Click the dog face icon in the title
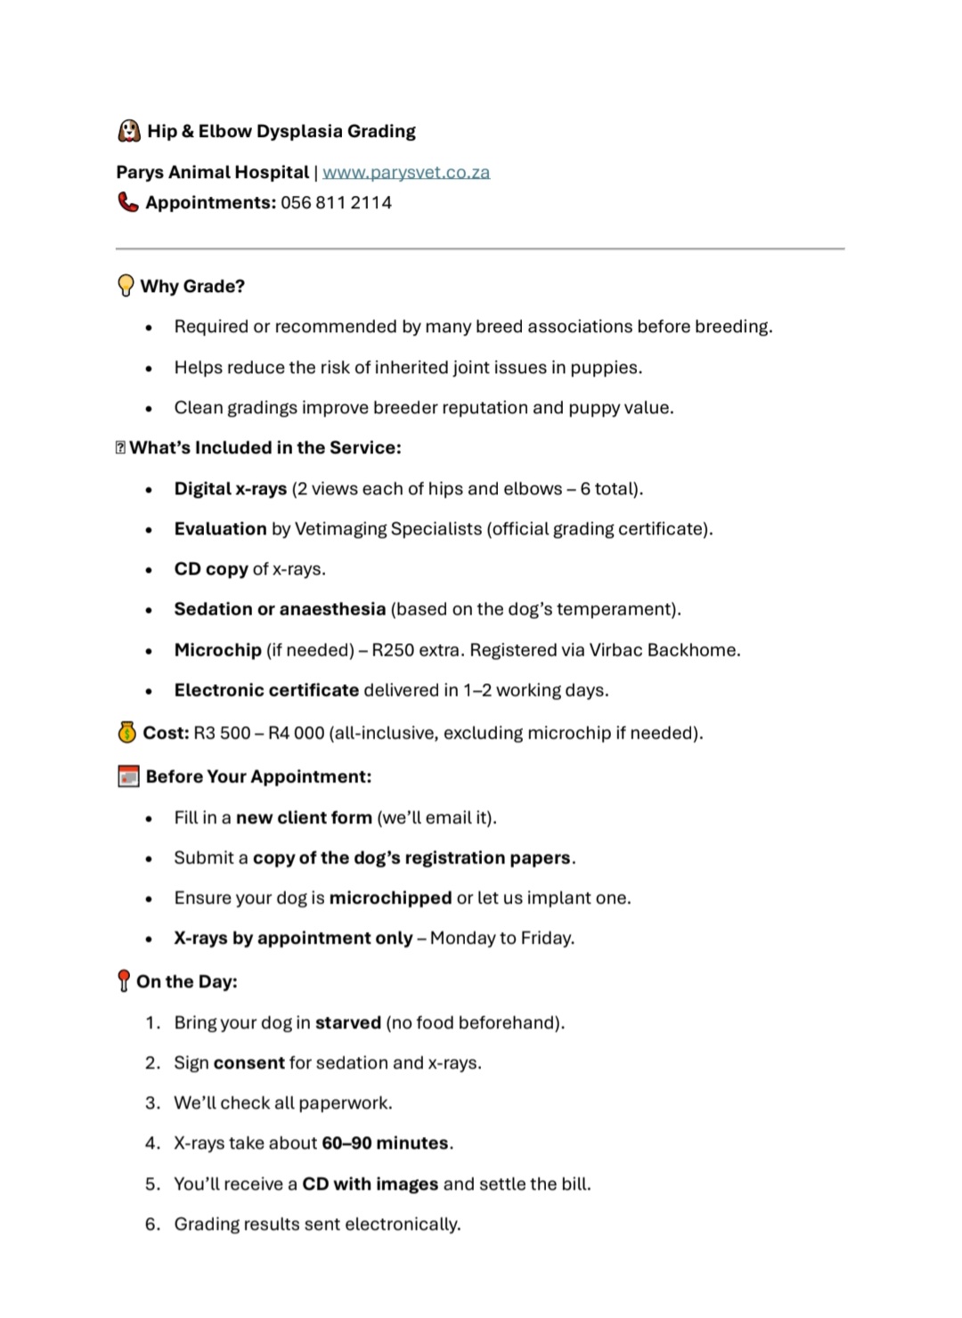(x=129, y=131)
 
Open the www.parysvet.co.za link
(x=406, y=172)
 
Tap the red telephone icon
(x=128, y=202)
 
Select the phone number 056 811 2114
(x=336, y=202)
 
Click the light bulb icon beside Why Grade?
(x=126, y=286)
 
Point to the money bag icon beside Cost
(x=127, y=732)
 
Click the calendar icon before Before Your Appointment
(x=128, y=777)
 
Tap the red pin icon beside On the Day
(x=124, y=981)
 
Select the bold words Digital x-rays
(x=231, y=488)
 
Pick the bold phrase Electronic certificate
(x=266, y=690)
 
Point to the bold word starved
(x=348, y=1022)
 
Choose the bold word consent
(x=249, y=1062)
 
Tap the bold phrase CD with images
(x=371, y=1184)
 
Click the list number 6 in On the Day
(x=152, y=1224)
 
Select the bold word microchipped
(x=390, y=898)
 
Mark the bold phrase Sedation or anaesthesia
(x=280, y=609)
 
